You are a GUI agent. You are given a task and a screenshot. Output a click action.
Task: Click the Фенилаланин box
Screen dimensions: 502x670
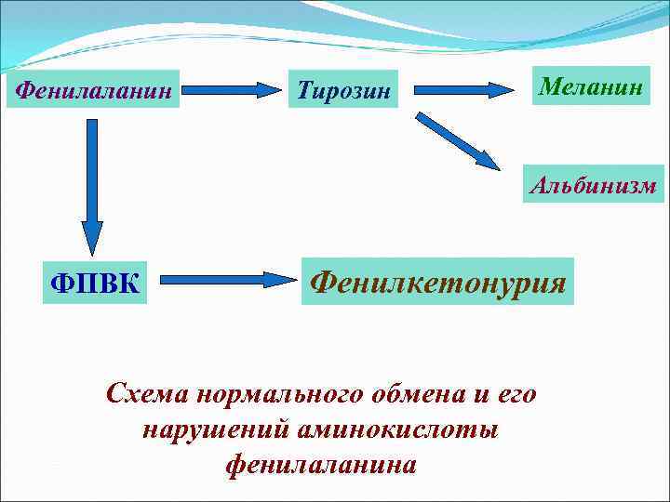pos(93,90)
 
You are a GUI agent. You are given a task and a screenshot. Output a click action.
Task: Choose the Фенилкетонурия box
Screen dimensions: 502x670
pos(438,281)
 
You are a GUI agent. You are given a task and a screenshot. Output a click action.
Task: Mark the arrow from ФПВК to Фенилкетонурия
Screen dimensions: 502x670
pos(223,278)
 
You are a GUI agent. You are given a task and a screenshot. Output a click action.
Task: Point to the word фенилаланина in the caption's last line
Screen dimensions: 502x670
pos(321,464)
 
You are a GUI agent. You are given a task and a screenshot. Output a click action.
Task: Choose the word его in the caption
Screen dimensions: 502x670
pos(516,394)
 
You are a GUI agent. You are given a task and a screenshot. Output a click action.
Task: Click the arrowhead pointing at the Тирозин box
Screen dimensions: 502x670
pos(270,91)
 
